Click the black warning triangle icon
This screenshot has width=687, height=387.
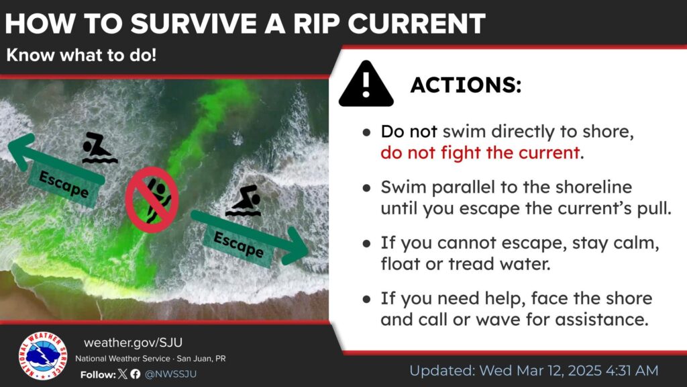[x=366, y=84]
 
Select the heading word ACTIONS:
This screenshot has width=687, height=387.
[x=466, y=85]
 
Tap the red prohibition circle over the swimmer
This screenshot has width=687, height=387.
[x=152, y=200]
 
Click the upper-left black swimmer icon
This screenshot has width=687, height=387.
[x=99, y=148]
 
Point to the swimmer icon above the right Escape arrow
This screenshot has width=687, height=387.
[x=244, y=201]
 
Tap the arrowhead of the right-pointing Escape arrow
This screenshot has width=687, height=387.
[x=295, y=246]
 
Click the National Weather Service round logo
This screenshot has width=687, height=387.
[x=43, y=355]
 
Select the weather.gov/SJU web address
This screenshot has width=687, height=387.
[x=134, y=342]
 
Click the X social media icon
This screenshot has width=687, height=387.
[x=123, y=374]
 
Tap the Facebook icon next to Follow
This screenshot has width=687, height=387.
[x=136, y=374]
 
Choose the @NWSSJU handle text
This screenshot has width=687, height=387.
[x=170, y=374]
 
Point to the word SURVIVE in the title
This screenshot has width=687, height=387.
[x=194, y=24]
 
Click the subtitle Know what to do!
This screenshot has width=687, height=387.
[x=81, y=56]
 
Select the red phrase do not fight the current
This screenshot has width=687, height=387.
[x=480, y=153]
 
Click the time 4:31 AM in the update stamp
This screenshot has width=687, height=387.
[x=632, y=371]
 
